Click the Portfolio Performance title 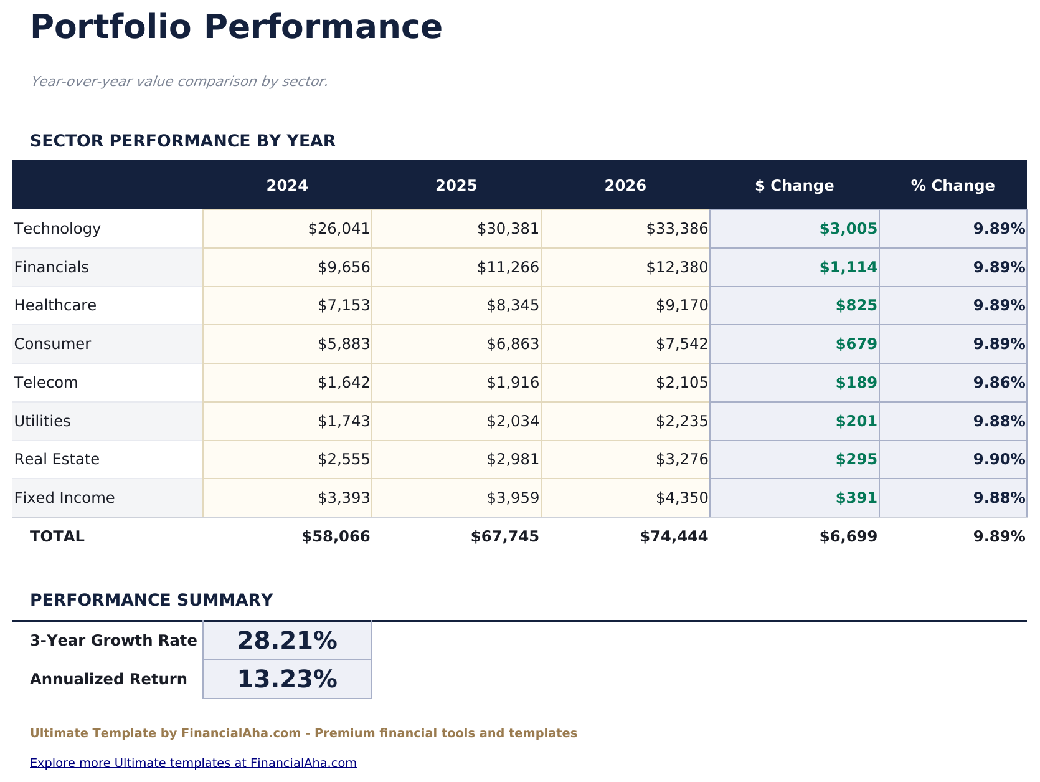236,28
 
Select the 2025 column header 456,186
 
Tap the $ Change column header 794,186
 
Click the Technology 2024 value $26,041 339,229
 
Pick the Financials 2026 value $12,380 677,267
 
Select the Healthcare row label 55,305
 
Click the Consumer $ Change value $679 857,344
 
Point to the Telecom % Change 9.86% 999,383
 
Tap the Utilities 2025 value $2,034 513,421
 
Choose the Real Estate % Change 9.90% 999,459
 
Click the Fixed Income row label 65,498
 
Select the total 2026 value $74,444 674,536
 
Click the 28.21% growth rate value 287,641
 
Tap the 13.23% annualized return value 287,679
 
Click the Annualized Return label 108,679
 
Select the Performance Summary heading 151,600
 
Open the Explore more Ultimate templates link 193,763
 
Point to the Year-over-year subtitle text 179,82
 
